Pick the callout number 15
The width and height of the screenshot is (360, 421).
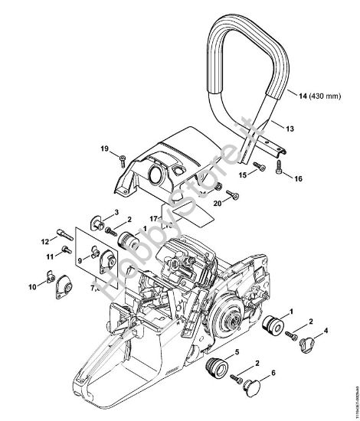click(x=241, y=175)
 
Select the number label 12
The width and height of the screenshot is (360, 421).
click(x=45, y=241)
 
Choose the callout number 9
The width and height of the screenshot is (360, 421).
click(x=79, y=261)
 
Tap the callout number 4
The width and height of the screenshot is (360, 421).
click(x=327, y=330)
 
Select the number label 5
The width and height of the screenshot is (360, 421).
click(x=236, y=351)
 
